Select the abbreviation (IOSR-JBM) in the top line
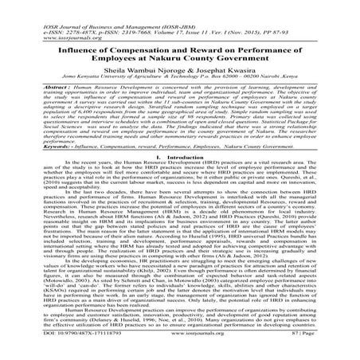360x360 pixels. coord(181,10)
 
